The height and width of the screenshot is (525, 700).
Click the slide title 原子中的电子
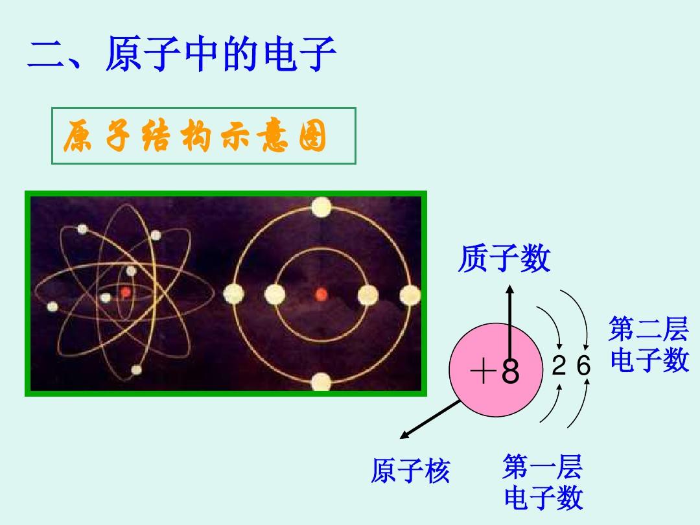220,54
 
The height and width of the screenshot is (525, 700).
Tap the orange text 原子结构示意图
195,135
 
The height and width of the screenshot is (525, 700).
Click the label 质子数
504,258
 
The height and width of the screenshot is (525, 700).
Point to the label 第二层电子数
649,344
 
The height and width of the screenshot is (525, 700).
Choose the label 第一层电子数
543,482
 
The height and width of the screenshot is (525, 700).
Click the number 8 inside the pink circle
510,371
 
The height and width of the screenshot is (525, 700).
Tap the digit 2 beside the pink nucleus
559,366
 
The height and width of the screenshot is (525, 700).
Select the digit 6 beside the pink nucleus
583,366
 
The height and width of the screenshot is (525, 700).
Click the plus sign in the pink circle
484,371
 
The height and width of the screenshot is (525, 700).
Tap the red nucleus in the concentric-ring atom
321,294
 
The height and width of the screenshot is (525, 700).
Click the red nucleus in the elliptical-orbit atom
126,292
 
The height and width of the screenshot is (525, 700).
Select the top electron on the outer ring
321,207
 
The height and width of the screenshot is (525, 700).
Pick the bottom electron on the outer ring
321,382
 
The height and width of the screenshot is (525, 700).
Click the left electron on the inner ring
275,295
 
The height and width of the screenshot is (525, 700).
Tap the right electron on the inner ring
368,295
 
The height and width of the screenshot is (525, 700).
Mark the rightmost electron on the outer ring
410,295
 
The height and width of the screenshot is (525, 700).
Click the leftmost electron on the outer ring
233,294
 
